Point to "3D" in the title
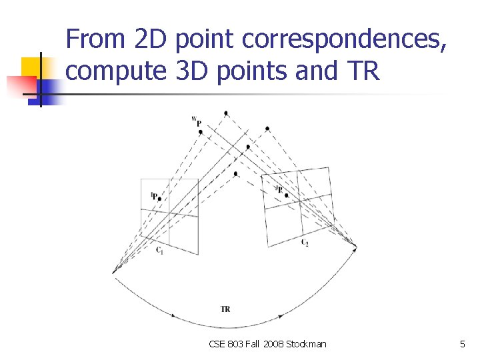(189, 70)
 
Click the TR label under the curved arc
(225, 309)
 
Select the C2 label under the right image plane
(304, 242)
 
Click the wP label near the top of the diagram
(197, 121)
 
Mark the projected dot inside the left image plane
(159, 198)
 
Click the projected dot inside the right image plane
(285, 195)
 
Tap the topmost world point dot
(226, 113)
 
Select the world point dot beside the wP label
(201, 132)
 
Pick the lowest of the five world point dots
(235, 174)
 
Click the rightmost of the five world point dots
(267, 128)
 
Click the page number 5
(462, 344)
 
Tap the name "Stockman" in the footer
(306, 344)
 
